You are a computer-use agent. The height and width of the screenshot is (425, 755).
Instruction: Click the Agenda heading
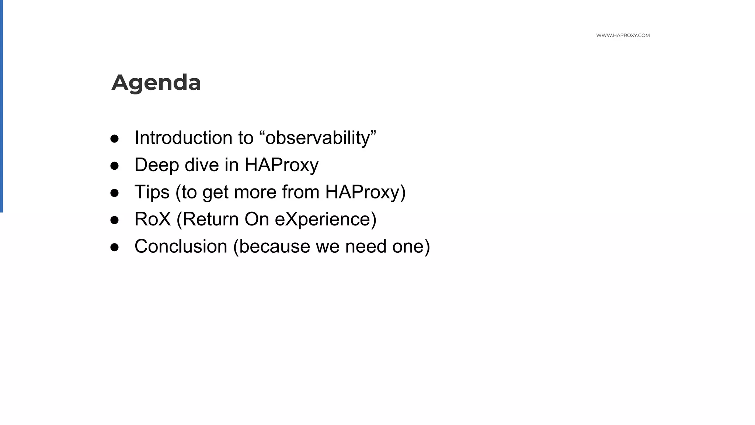(156, 82)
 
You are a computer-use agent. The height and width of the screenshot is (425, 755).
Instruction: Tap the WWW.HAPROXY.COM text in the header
(623, 35)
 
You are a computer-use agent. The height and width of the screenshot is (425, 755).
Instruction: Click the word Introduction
(183, 138)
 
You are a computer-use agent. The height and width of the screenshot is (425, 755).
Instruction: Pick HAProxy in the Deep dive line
(281, 165)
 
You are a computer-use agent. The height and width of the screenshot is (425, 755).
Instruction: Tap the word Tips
(152, 192)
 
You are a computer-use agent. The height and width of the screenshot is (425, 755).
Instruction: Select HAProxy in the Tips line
(362, 192)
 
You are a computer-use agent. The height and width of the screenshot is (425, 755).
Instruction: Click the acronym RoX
(153, 219)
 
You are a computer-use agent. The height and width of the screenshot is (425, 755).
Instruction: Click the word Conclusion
(181, 246)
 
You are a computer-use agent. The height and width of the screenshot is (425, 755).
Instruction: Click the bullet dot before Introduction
(115, 139)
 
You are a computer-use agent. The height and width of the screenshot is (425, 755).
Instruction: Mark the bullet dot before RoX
(115, 220)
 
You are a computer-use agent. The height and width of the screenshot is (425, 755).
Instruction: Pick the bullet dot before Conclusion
(115, 247)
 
